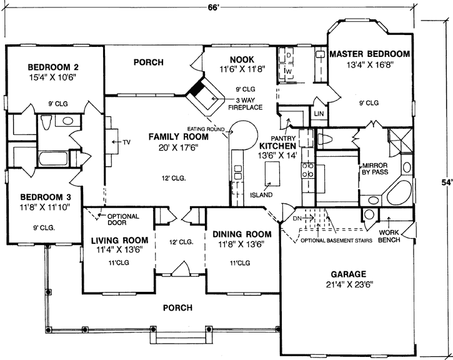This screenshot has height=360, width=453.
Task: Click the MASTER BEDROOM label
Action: pyautogui.click(x=370, y=54)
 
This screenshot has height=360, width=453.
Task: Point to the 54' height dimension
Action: pyautogui.click(x=444, y=182)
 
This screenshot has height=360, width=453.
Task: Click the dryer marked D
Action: pyautogui.click(x=289, y=56)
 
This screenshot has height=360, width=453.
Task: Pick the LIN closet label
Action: pyautogui.click(x=318, y=113)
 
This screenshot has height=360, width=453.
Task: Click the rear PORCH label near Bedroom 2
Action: pyautogui.click(x=149, y=62)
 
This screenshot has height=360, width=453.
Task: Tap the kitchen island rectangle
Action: pyautogui.click(x=271, y=172)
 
